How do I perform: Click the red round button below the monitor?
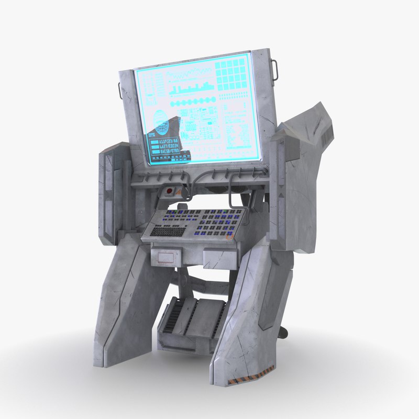pyautogui.click(x=169, y=190)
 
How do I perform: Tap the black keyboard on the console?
pyautogui.click(x=168, y=230)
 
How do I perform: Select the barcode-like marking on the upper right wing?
pyautogui.click(x=326, y=137)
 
